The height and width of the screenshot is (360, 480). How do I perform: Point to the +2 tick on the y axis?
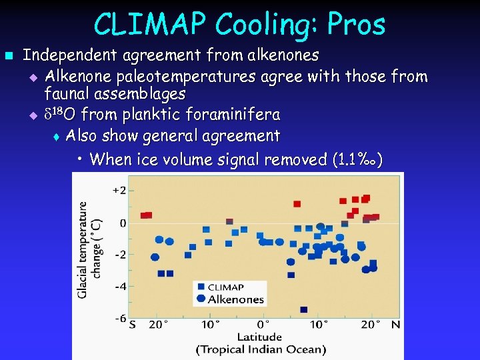pyautogui.click(x=119, y=190)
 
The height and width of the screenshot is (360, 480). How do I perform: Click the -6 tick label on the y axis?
pyautogui.click(x=119, y=319)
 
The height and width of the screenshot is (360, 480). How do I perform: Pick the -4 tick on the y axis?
pyautogui.click(x=119, y=287)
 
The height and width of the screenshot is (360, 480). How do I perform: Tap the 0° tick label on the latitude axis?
pyautogui.click(x=263, y=325)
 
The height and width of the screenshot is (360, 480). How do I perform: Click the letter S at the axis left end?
pyautogui.click(x=132, y=325)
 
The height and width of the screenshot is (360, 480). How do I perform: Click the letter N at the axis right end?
pyautogui.click(x=395, y=325)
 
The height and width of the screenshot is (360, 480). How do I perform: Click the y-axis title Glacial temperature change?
pyautogui.click(x=90, y=249)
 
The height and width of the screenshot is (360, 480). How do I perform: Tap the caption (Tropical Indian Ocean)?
pyautogui.click(x=261, y=349)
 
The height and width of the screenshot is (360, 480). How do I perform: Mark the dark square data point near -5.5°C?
pyautogui.click(x=304, y=310)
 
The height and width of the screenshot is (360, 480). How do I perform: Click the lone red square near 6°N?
pyautogui.click(x=297, y=204)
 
